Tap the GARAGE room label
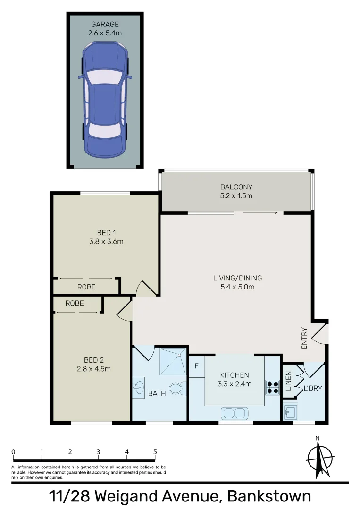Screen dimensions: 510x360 pyautogui.click(x=105, y=24)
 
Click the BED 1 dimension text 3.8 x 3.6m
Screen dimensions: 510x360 pyautogui.click(x=106, y=242)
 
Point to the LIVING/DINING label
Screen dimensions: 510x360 pyautogui.click(x=237, y=278)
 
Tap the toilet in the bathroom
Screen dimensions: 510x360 pyautogui.click(x=176, y=389)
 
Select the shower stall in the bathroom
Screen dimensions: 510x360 pyautogui.click(x=173, y=361)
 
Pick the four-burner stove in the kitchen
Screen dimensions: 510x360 pyautogui.click(x=273, y=387)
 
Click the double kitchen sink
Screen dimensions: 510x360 pyautogui.click(x=234, y=413)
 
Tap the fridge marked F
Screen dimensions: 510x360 pyautogui.click(x=196, y=366)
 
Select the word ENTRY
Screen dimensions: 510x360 pyautogui.click(x=304, y=338)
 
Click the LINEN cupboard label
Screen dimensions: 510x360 pyautogui.click(x=288, y=382)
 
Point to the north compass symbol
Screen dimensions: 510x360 pyautogui.click(x=319, y=458)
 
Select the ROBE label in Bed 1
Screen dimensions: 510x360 pyautogui.click(x=86, y=287)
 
